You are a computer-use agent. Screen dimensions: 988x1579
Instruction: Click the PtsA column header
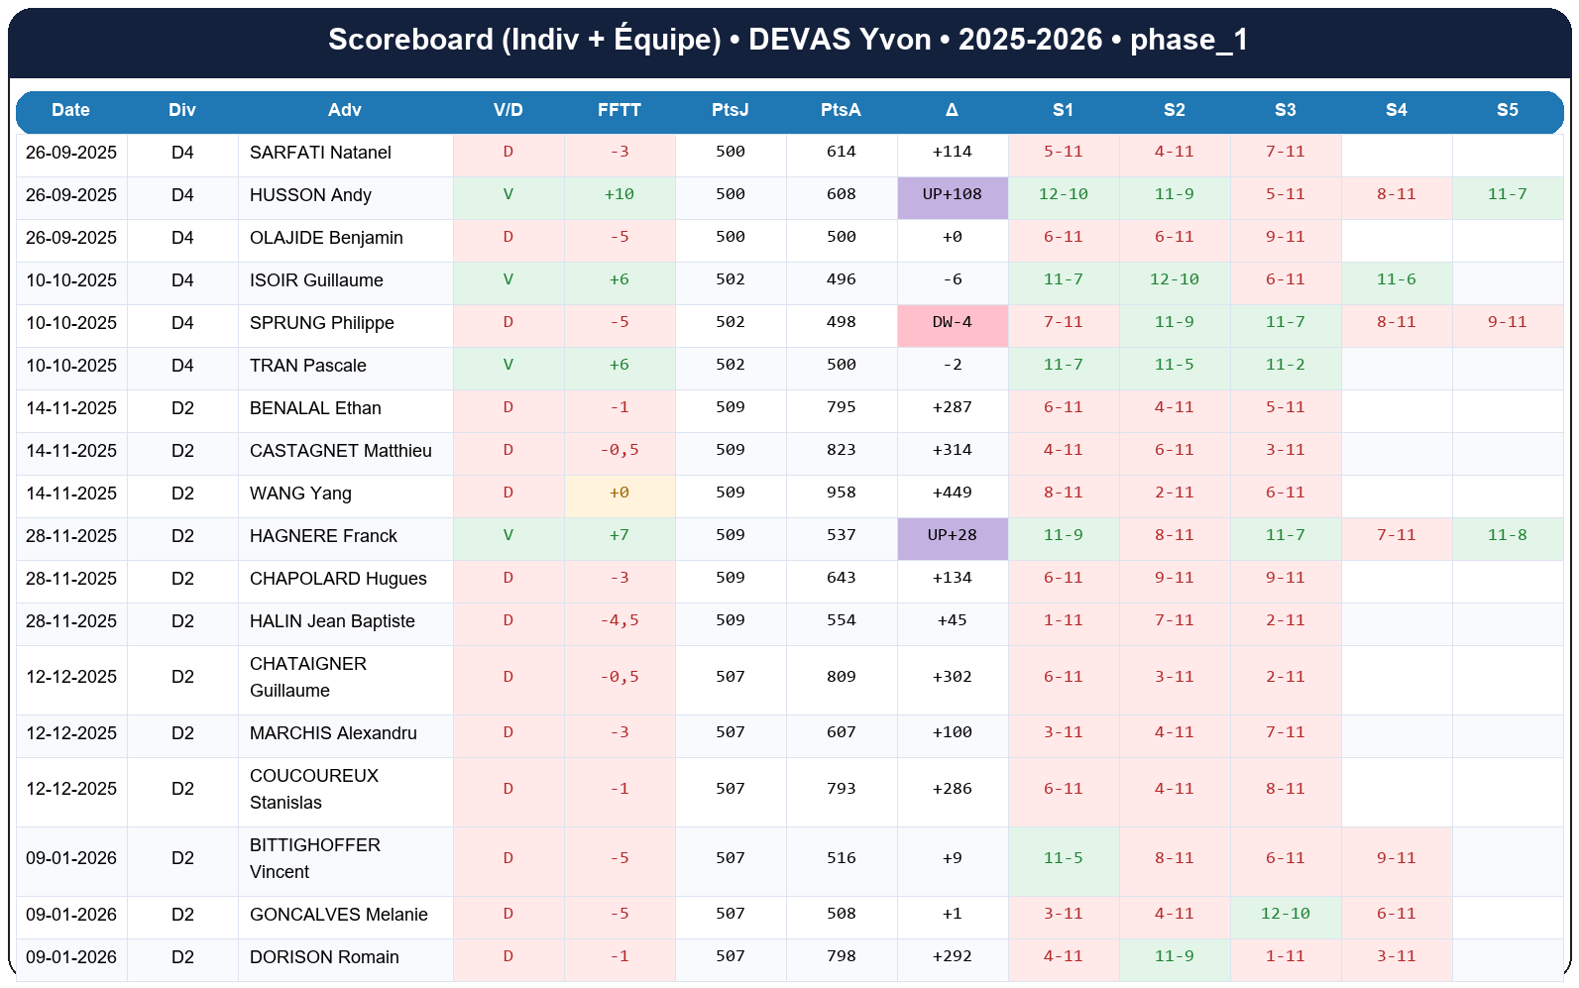[841, 110]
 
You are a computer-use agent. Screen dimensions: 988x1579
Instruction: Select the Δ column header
[952, 110]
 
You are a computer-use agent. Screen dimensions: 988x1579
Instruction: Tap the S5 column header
[1507, 110]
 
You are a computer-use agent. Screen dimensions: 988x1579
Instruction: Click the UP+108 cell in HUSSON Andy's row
[952, 194]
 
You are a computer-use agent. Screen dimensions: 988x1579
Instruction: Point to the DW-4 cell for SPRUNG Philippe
[952, 322]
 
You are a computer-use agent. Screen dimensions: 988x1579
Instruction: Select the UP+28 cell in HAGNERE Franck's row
[952, 535]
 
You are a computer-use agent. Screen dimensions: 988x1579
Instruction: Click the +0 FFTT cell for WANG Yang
[620, 493]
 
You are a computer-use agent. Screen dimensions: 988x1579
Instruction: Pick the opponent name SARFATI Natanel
[320, 153]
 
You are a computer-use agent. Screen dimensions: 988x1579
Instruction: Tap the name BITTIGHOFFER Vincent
[314, 858]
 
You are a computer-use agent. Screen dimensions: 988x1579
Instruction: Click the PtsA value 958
[841, 493]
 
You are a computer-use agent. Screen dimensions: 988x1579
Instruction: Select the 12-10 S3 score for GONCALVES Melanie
[1285, 914]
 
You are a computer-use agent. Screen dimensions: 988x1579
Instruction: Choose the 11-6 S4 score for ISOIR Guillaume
[1396, 279]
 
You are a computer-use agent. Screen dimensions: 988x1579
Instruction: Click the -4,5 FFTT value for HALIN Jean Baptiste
[620, 620]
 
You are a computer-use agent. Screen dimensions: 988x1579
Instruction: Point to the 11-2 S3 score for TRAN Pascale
[1285, 365]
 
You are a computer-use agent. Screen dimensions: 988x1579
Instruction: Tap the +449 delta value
[952, 493]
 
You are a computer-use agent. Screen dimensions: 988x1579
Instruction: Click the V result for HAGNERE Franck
[508, 535]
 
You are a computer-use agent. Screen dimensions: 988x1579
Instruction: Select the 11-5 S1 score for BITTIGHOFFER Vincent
[1063, 858]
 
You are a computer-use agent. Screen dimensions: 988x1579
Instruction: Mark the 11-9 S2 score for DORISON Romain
[1174, 956]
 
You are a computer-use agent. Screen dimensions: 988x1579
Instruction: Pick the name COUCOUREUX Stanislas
[313, 789]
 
